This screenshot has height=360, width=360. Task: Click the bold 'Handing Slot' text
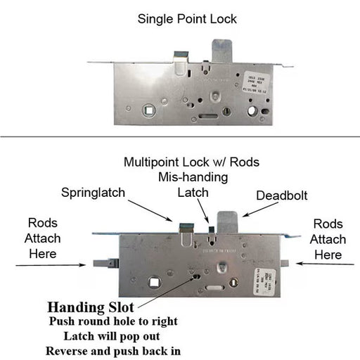pyautogui.click(x=91, y=307)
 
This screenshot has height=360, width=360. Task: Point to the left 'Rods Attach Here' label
pyautogui.click(x=43, y=238)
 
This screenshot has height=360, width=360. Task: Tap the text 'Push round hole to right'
pyautogui.click(x=112, y=321)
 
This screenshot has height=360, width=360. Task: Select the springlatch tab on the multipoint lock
pyautogui.click(x=186, y=229)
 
